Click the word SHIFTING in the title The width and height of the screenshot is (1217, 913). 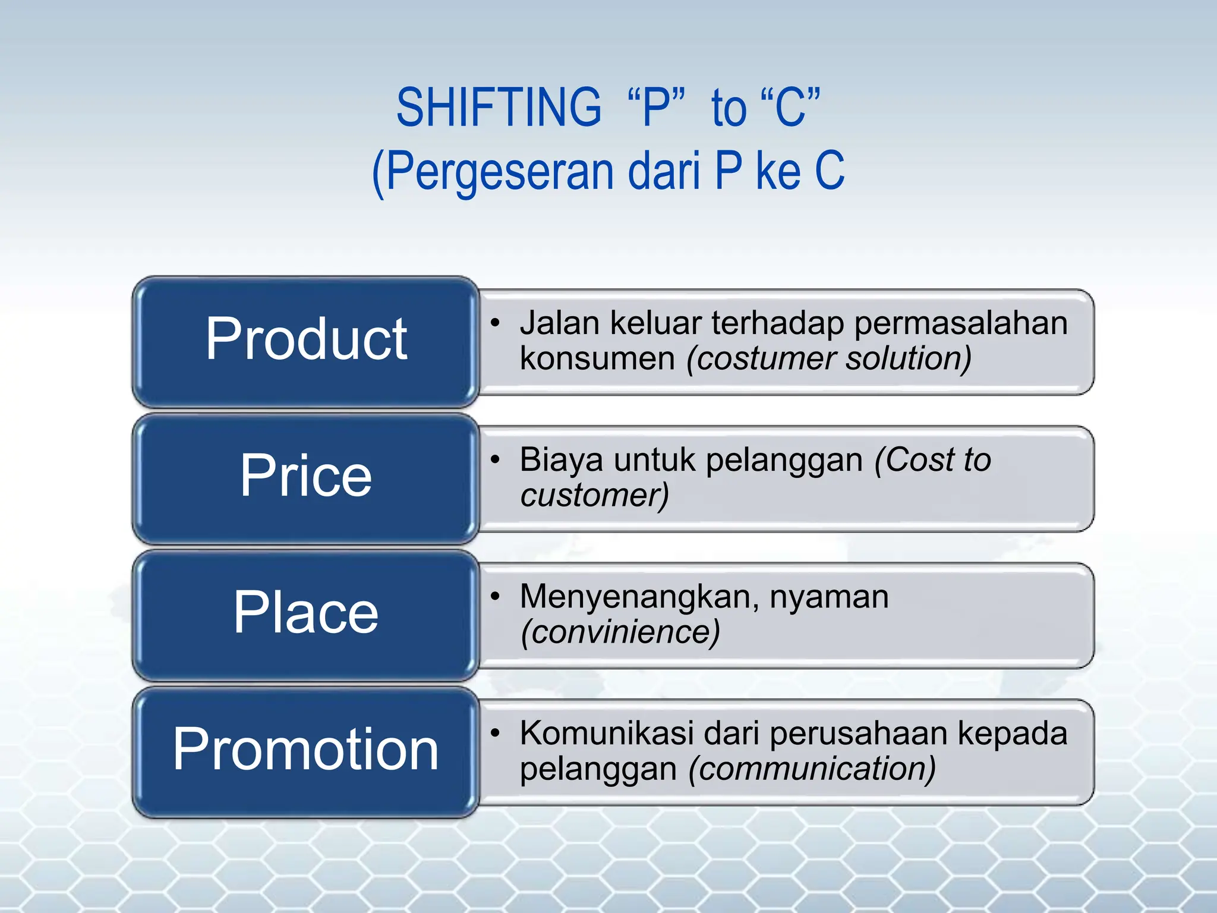click(x=499, y=108)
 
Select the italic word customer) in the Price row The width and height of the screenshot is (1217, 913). click(x=594, y=496)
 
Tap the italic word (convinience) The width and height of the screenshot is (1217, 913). click(x=620, y=632)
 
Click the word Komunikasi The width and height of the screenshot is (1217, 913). click(x=606, y=733)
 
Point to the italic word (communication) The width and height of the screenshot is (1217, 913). click(x=812, y=769)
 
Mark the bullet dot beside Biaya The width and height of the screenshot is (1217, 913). click(x=495, y=459)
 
